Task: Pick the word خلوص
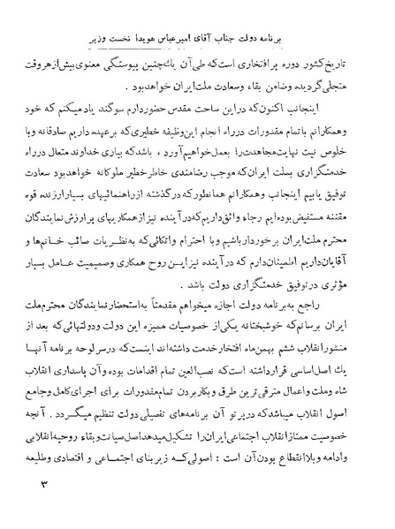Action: pyautogui.click(x=339, y=149)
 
